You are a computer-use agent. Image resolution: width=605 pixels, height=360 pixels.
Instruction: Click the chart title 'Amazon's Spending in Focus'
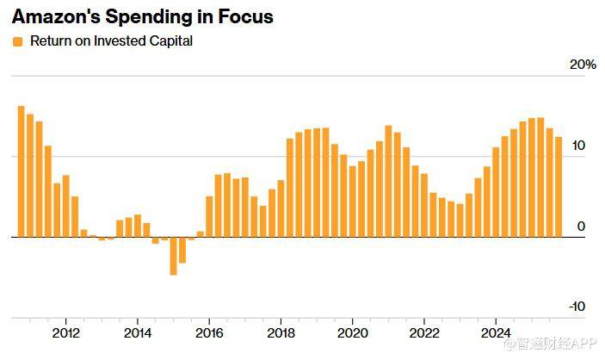[x=142, y=16]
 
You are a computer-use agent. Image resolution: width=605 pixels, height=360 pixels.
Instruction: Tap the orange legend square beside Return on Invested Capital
[x=18, y=41]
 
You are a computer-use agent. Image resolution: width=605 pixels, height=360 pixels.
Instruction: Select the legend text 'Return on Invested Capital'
[x=111, y=41]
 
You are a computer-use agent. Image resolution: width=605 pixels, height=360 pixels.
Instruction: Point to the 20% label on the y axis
[x=583, y=65]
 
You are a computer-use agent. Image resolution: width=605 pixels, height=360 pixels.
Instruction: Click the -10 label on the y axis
[x=577, y=307]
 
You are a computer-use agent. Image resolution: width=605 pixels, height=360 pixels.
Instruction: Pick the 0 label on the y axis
[x=581, y=227]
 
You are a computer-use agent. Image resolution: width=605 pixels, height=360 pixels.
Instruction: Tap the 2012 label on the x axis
[x=66, y=332]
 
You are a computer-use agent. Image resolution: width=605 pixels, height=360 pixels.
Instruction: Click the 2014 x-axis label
[x=138, y=332]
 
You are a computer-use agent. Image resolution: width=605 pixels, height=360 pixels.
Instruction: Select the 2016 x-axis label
[x=209, y=332]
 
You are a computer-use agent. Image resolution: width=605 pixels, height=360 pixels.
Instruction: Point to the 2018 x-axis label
[x=281, y=332]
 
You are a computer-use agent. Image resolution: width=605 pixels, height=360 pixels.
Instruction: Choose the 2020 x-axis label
[x=353, y=332]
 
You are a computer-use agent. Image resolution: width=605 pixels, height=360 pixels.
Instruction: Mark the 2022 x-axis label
[x=424, y=332]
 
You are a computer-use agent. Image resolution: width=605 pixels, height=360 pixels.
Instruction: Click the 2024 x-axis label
[x=496, y=332]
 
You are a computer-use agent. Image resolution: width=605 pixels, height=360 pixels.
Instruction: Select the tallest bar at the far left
[x=22, y=171]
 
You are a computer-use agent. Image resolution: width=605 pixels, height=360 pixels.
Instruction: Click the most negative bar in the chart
[x=173, y=256]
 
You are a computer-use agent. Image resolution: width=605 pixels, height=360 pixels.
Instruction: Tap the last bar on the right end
[x=559, y=187]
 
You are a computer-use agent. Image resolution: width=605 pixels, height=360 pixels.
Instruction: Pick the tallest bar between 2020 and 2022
[x=388, y=181]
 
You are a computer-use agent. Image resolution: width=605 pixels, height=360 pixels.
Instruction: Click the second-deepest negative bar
[x=182, y=250]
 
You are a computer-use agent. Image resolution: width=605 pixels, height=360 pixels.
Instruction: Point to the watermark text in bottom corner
[x=549, y=344]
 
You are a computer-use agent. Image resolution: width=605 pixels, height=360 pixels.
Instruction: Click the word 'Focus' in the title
[x=245, y=16]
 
